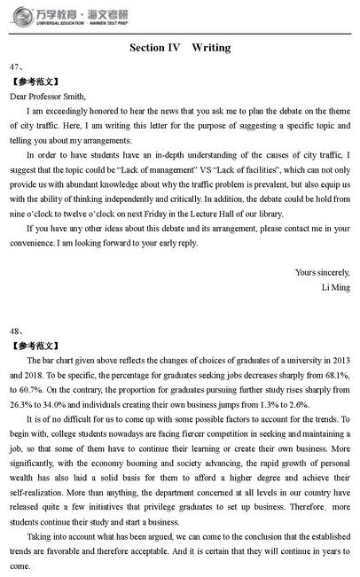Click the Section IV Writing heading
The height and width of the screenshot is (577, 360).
[180, 47]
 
